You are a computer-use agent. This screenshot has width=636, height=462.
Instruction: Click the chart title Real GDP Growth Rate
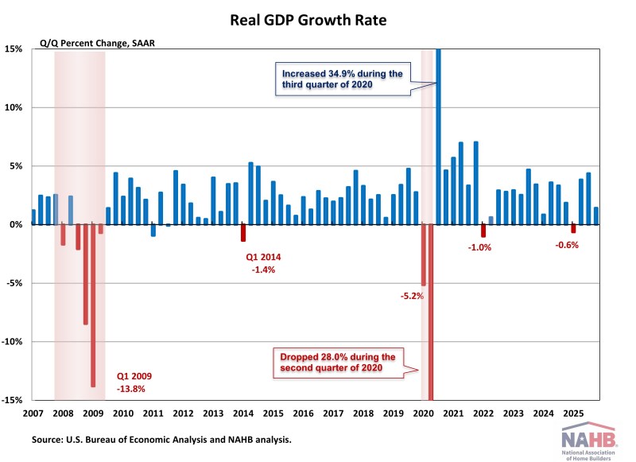tap(318, 19)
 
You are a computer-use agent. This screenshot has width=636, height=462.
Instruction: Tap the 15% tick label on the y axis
tap(16, 49)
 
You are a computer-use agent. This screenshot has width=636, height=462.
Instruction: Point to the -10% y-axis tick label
tap(15, 342)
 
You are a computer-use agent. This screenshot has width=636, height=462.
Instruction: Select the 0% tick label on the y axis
tap(17, 225)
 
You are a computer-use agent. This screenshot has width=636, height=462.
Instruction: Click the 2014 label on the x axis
tap(243, 413)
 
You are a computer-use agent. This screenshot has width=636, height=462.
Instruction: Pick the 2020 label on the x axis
tap(424, 413)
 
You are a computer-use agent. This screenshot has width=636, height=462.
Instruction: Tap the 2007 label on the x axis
tap(33, 413)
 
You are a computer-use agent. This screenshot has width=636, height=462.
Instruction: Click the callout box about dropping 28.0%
tap(339, 363)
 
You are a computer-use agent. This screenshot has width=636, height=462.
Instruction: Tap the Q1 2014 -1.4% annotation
tap(263, 264)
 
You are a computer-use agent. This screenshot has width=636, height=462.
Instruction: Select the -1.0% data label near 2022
tap(479, 247)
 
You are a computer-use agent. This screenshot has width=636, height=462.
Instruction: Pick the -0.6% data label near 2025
tap(567, 245)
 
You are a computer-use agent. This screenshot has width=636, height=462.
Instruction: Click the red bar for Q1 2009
tap(93, 306)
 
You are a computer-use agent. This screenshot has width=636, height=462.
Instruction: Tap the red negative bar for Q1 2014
tap(243, 233)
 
